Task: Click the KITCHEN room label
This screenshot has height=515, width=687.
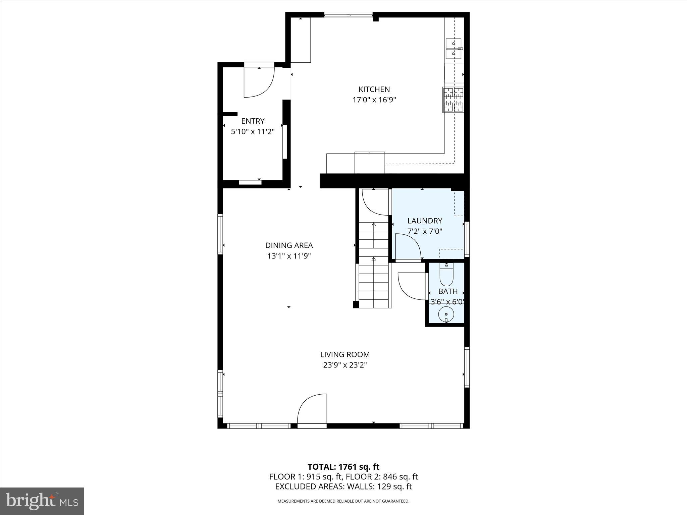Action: tap(374, 89)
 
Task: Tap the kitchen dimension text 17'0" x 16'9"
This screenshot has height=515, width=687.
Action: tap(374, 100)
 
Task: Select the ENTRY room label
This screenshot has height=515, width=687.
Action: tap(253, 121)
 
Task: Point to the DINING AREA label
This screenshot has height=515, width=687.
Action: tap(289, 245)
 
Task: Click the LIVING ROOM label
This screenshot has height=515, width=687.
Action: tap(345, 354)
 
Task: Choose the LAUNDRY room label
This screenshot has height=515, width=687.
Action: tap(425, 221)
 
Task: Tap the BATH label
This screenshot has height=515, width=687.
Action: tap(448, 291)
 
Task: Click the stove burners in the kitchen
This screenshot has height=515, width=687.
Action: tap(453, 100)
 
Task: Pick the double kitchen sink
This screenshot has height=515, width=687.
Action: tap(454, 49)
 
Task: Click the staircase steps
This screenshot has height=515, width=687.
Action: tap(373, 265)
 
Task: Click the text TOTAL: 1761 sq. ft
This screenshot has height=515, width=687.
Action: tap(343, 467)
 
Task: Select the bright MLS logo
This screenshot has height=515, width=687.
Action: tap(42, 501)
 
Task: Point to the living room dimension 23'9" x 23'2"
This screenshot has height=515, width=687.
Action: tap(345, 365)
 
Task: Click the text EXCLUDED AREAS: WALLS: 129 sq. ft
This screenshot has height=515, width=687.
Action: tap(343, 487)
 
